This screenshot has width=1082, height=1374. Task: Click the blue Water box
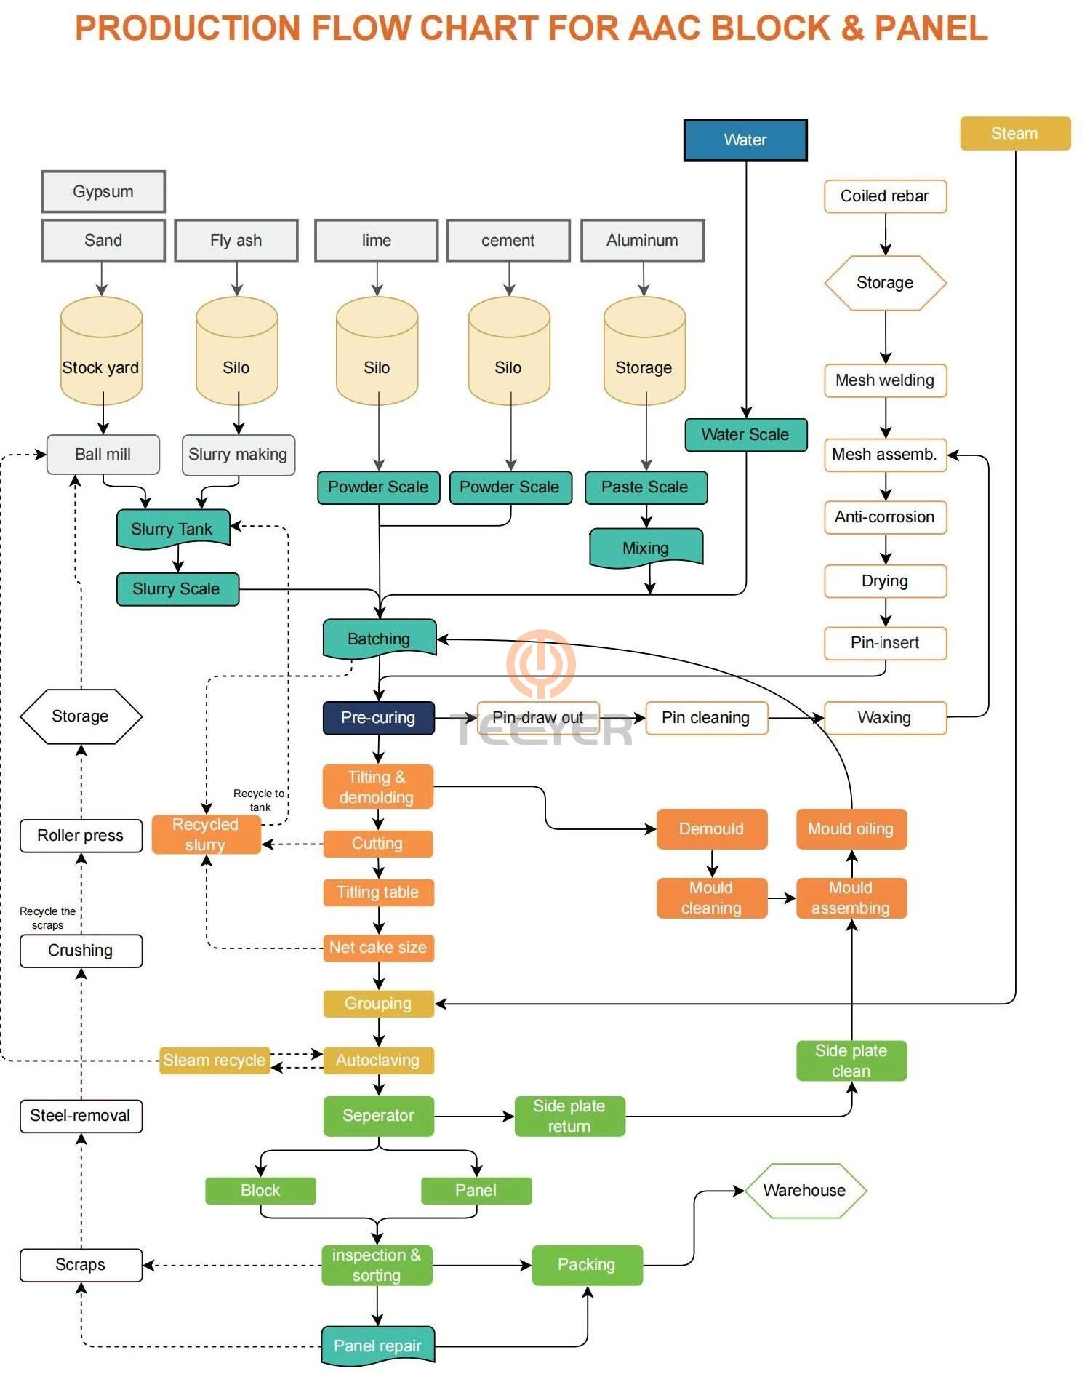tap(745, 140)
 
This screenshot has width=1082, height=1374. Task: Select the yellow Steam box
tap(1014, 134)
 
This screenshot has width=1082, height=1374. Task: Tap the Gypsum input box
tap(103, 192)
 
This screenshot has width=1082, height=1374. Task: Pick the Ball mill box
tap(103, 455)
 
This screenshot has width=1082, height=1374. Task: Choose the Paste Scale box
tap(645, 487)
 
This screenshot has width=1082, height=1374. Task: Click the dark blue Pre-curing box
tap(378, 718)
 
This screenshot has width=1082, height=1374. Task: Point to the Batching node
tap(379, 639)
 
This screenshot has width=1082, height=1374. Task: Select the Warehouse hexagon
tap(805, 1191)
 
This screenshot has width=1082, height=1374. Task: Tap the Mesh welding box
tap(885, 380)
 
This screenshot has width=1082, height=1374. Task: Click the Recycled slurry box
tap(206, 834)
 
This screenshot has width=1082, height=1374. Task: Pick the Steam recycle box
tap(214, 1061)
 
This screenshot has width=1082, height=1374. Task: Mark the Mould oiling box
tap(851, 829)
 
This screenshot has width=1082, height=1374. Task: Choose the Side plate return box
tap(569, 1116)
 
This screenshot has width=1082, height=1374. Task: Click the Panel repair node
tap(377, 1346)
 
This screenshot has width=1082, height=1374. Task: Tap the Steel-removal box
tap(81, 1116)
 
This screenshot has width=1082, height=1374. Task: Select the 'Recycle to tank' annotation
tap(259, 800)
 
